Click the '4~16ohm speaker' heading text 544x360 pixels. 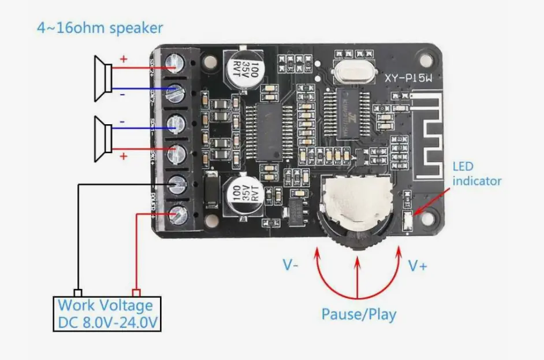[x=100, y=27]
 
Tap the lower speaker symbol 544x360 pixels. [x=103, y=139]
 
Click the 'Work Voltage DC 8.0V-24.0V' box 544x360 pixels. [x=107, y=314]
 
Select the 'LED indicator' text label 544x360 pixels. [x=476, y=173]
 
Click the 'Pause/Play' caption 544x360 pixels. [x=359, y=314]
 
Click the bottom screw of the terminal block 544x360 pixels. [x=177, y=215]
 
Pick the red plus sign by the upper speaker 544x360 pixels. [x=123, y=59]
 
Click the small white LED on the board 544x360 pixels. [x=407, y=221]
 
